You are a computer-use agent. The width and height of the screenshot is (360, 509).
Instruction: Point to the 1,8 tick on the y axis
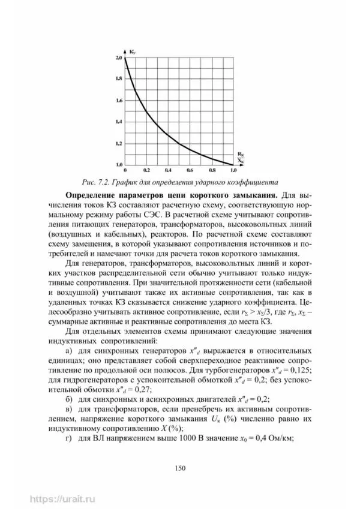pos(118,79)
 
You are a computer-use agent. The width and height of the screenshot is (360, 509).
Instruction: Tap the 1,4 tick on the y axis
pos(118,122)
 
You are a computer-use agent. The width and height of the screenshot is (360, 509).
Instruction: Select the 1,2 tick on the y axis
pos(118,143)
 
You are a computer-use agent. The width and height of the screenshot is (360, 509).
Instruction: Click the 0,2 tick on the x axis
pos(146,170)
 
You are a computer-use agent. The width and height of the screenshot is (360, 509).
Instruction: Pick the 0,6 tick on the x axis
pos(190,170)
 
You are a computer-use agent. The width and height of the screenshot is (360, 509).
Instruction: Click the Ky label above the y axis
pos(132,52)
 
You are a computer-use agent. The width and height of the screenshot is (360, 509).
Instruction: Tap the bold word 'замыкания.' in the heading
pos(254,195)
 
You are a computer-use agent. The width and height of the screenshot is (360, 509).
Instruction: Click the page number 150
pos(179,468)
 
